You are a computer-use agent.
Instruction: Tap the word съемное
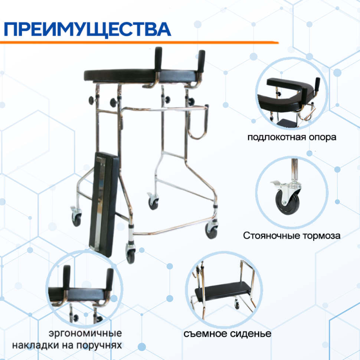point(207,333)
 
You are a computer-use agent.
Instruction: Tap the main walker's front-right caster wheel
point(212,230)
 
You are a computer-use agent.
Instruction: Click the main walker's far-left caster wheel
point(76,219)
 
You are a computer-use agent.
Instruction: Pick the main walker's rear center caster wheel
point(153,203)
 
